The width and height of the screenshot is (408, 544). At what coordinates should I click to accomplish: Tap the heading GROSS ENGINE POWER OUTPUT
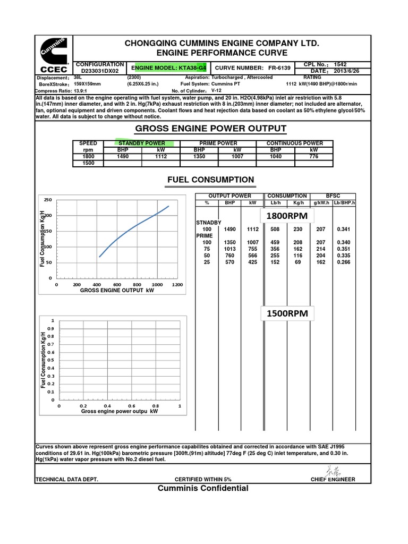pyautogui.click(x=211, y=129)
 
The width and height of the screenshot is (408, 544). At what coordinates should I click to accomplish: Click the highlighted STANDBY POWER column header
pyautogui.click(x=142, y=143)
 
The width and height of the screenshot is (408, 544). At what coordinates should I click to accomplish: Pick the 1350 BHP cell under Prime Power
pyautogui.click(x=199, y=157)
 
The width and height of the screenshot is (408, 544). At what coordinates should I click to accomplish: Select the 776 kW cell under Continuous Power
pyautogui.click(x=313, y=157)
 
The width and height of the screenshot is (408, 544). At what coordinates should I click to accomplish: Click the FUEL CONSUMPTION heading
pyautogui.click(x=211, y=180)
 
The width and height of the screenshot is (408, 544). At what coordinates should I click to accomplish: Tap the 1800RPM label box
pyautogui.click(x=287, y=217)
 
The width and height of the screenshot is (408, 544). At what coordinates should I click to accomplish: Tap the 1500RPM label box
pyautogui.click(x=287, y=313)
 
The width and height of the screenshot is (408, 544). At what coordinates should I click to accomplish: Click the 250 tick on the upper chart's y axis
pyautogui.click(x=48, y=200)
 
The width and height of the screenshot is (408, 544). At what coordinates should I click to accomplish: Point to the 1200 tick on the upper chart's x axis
pyautogui.click(x=177, y=285)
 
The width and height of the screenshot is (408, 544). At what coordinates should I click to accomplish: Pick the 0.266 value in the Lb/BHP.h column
pyautogui.click(x=344, y=262)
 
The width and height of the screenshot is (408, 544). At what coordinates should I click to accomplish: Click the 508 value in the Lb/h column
pyautogui.click(x=275, y=229)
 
